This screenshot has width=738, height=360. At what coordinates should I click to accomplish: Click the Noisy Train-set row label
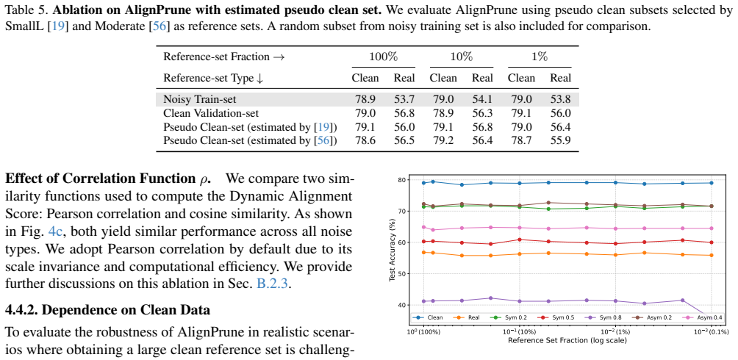(199, 99)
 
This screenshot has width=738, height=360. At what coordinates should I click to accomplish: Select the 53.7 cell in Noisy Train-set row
(404, 99)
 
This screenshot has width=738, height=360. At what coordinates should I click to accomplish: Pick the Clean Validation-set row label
(211, 113)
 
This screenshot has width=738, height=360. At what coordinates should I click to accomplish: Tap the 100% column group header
(383, 57)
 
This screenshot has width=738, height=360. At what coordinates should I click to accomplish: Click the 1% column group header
(540, 57)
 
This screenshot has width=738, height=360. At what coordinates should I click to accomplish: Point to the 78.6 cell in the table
(365, 140)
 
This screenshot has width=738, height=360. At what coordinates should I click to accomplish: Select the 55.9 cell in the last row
(560, 140)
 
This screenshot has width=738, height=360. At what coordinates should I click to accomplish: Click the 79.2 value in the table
(443, 140)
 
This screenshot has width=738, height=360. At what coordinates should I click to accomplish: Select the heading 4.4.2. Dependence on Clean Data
(107, 311)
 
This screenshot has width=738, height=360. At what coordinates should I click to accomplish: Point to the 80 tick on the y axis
(401, 180)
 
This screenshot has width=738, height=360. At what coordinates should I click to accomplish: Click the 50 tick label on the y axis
(401, 274)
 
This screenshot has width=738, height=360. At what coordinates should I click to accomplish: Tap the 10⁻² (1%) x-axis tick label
(616, 332)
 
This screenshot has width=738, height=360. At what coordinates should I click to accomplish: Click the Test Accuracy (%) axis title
(392, 250)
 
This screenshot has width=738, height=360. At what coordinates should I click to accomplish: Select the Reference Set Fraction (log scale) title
(567, 339)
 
